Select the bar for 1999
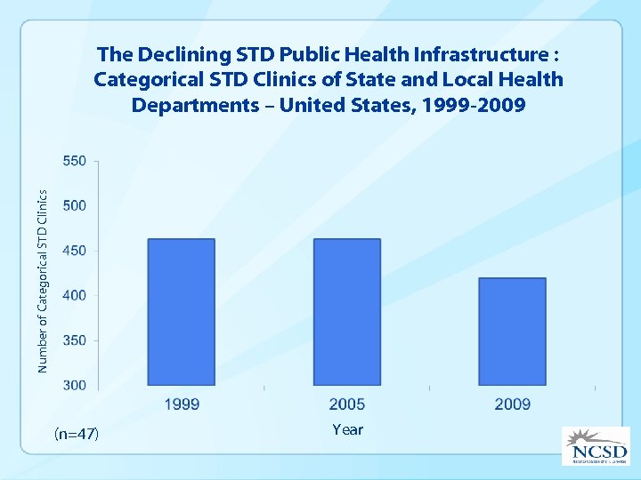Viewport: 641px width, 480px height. coord(182,312)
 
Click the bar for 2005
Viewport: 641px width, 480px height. coord(347,312)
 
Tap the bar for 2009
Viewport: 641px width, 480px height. coord(512,332)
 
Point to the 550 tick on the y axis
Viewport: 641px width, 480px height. coord(75,161)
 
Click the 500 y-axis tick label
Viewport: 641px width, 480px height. coord(75,205)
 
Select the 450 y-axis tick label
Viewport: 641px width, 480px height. coord(75,251)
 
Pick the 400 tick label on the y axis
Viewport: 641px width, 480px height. coord(75,295)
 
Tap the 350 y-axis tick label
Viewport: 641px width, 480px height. coord(75,340)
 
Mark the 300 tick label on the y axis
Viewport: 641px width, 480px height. coord(75,385)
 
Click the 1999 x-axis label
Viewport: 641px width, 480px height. coord(182,404)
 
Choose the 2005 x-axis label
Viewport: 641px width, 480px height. coord(347,404)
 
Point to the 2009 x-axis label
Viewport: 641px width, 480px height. coord(512,404)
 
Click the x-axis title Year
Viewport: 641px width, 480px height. coord(347,429)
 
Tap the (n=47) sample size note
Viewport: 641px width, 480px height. coord(77,434)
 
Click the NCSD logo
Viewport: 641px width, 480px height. coord(594,445)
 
